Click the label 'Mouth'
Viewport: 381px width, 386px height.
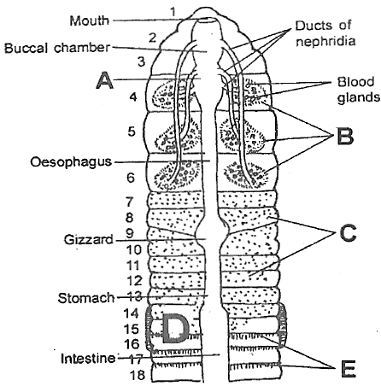[90, 20]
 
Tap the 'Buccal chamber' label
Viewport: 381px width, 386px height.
[57, 48]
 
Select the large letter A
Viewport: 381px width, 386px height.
[104, 80]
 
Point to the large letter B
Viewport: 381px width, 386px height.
[345, 136]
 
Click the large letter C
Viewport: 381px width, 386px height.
[348, 233]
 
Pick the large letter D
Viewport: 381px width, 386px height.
[175, 328]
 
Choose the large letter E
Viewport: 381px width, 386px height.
[348, 368]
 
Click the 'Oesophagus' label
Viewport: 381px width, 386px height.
[71, 162]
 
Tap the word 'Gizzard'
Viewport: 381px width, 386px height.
[89, 239]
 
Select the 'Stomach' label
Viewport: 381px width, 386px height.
[86, 298]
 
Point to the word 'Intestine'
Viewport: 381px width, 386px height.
[88, 359]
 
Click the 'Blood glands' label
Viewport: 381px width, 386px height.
[359, 90]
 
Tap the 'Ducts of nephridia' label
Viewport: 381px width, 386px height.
[325, 33]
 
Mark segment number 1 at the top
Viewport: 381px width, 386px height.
[173, 12]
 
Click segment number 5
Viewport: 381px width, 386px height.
[132, 132]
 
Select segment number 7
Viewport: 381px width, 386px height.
[129, 202]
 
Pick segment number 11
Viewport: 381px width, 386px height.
[132, 266]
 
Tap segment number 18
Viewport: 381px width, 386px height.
[138, 375]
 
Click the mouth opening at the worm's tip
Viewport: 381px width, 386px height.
[208, 20]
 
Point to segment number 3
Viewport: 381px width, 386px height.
[142, 61]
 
